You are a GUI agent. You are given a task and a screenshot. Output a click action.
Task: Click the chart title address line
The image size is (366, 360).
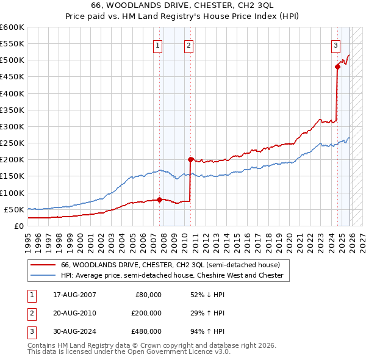(183, 5)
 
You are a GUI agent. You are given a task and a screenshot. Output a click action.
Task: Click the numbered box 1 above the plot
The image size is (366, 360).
(158, 45)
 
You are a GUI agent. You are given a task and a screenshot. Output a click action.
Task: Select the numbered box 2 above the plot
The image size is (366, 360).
(189, 45)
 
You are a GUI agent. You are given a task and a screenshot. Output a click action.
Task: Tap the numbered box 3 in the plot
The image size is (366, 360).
(335, 45)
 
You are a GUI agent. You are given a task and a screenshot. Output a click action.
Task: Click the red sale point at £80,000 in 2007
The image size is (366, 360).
(159, 199)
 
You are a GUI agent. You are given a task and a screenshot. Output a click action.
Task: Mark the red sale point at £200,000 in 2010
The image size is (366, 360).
(190, 160)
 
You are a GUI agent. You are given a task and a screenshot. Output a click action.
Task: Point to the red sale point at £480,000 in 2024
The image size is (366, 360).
(337, 67)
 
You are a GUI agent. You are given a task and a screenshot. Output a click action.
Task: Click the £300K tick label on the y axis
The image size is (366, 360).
(12, 126)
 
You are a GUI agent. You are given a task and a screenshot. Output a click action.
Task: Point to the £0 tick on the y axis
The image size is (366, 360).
(18, 226)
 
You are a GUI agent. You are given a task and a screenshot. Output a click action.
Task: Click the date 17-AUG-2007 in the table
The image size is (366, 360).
(74, 295)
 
